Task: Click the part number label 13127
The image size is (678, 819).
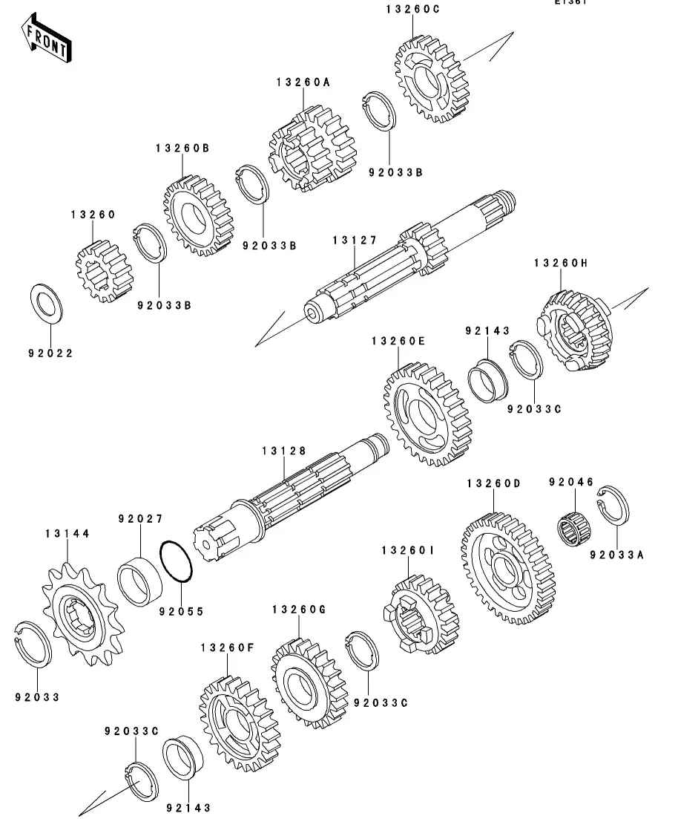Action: click(355, 241)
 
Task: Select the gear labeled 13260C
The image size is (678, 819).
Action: click(431, 82)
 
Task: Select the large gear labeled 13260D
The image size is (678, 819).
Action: click(507, 567)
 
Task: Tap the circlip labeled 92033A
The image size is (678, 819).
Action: click(615, 509)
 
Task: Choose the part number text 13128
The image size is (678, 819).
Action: click(283, 451)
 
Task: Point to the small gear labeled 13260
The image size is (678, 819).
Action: click(105, 271)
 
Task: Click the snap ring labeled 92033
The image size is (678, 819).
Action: click(34, 643)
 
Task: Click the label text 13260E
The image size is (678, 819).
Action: click(398, 341)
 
